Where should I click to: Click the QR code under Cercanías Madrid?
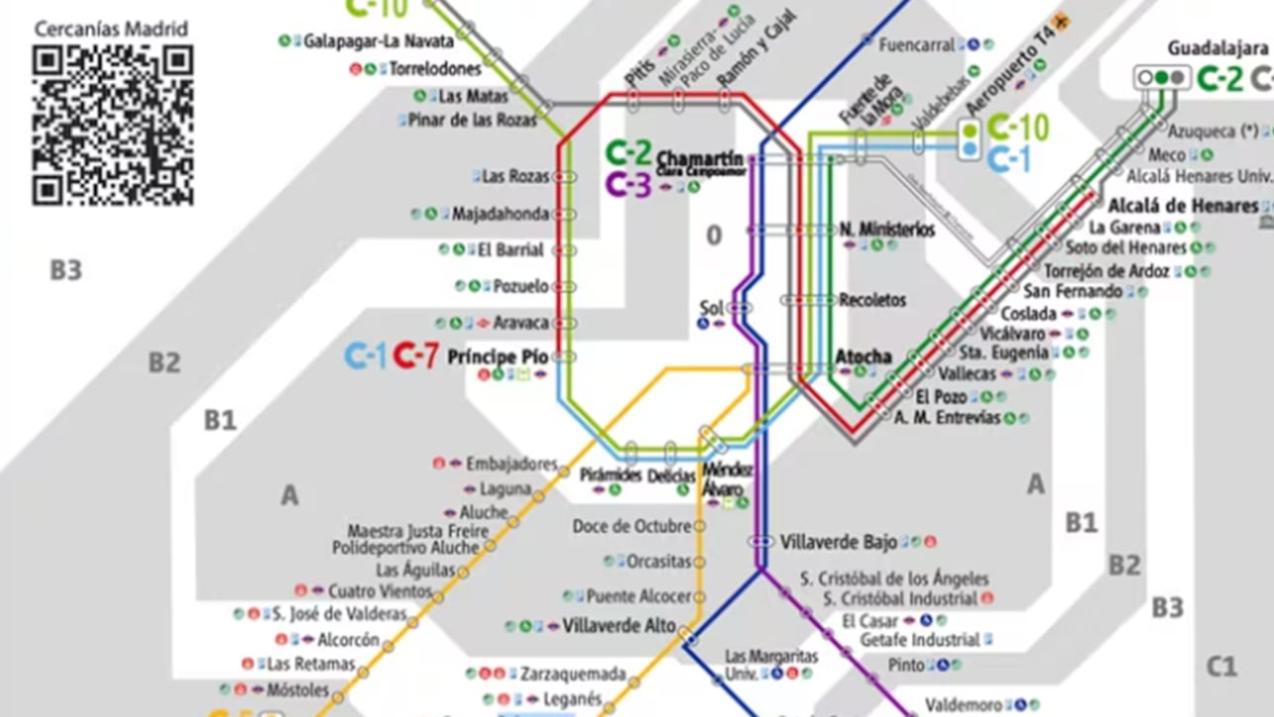coord(112,125)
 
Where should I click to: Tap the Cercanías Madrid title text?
coord(111,29)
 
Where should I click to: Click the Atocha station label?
coord(864,357)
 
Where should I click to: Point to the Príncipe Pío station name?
coord(498,357)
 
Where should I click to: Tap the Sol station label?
coord(711,308)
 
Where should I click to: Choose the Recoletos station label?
coord(872,300)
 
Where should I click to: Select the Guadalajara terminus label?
coord(1218,47)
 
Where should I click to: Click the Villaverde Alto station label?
coord(618,626)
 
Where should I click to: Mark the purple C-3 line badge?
coord(628,185)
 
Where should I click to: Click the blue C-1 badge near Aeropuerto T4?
coord(1009,158)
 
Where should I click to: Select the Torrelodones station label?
coord(435,69)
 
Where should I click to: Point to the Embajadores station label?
coord(511,464)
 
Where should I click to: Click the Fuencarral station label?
coord(917,45)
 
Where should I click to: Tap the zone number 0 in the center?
coord(714,235)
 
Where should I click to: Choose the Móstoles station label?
coord(298,689)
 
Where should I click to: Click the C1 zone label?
coord(1222,668)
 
